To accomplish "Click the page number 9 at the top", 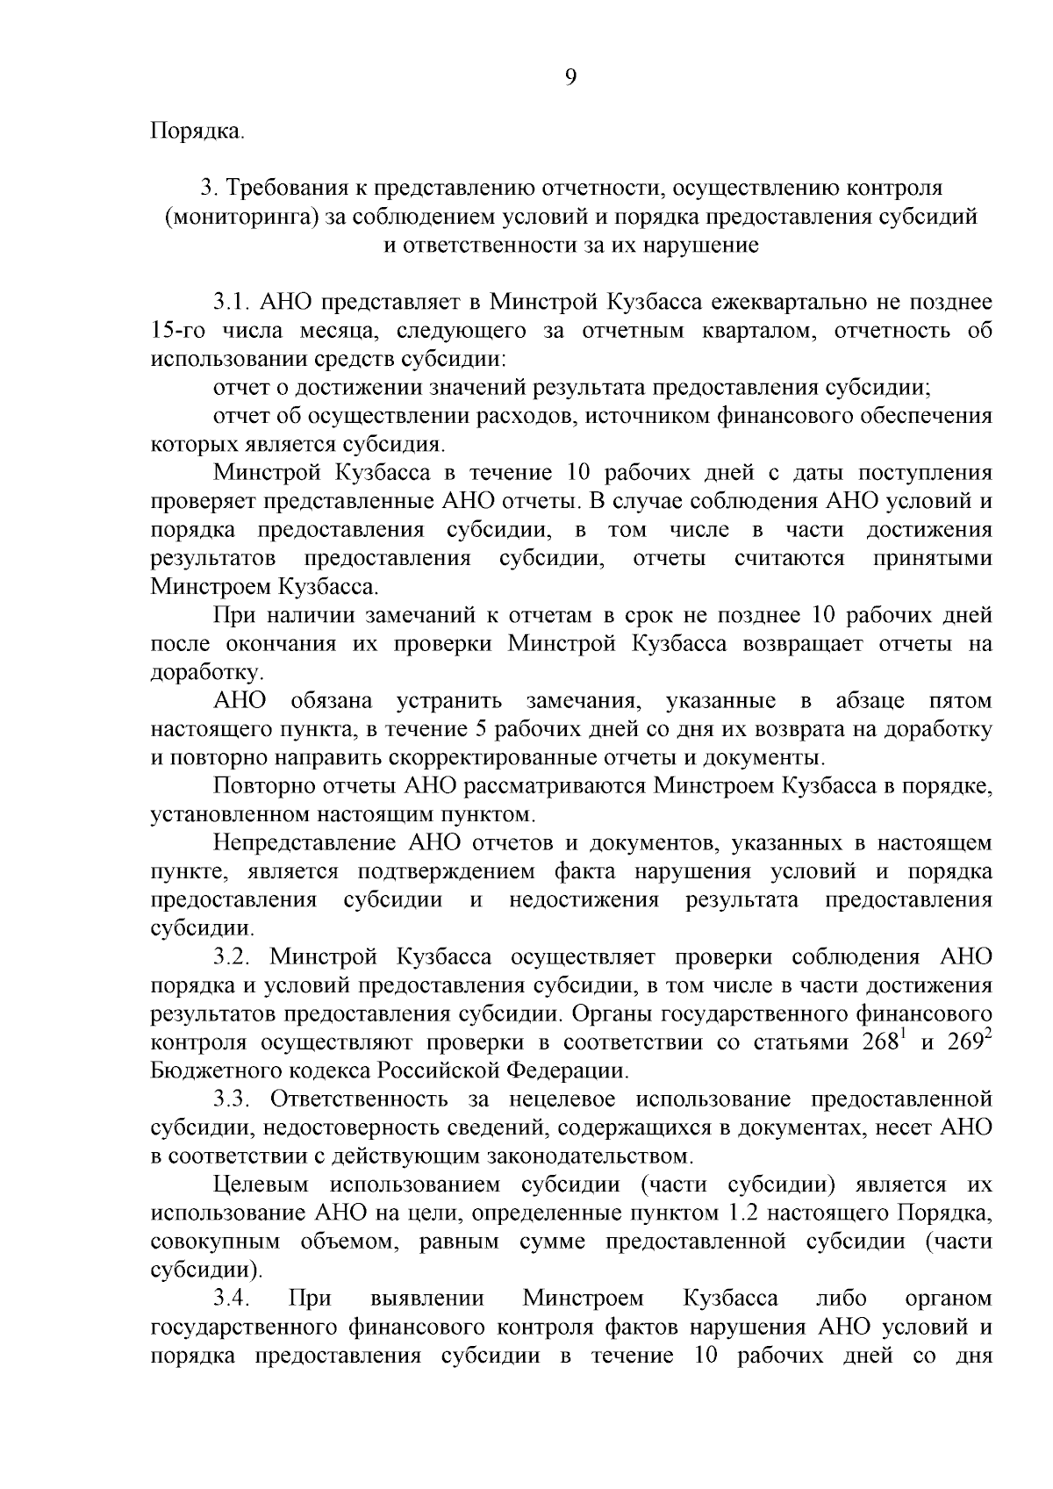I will [x=570, y=77].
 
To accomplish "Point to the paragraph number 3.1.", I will [x=233, y=303].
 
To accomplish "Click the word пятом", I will [x=959, y=701].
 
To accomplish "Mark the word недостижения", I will [x=584, y=900].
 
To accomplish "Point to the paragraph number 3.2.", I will [x=233, y=956].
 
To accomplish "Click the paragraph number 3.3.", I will [x=233, y=1099].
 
